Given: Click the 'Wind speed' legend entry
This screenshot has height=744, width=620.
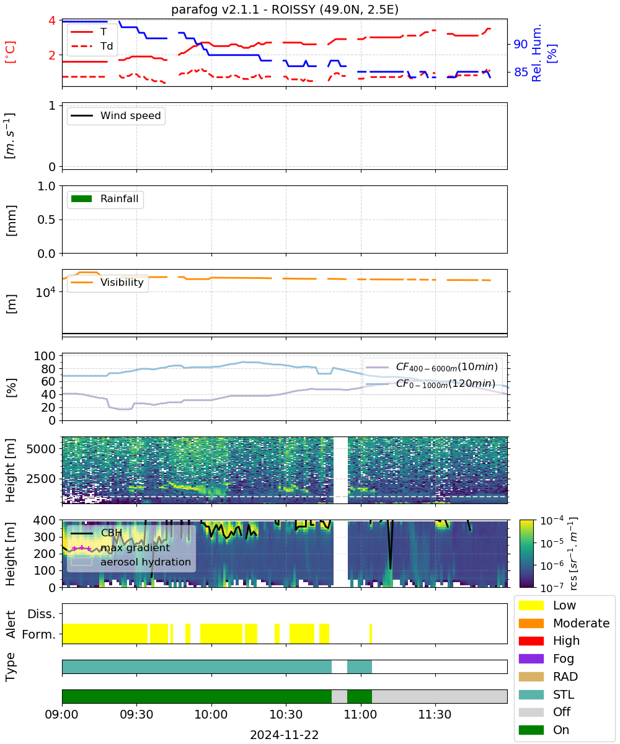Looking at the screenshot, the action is (116, 115).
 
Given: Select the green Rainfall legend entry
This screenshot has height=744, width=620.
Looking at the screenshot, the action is (105, 198).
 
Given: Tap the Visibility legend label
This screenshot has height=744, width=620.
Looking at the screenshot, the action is (122, 282).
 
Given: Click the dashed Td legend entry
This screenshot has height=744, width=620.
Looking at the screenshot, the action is (92, 46).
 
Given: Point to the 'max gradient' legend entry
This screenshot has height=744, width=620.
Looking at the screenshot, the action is (121, 547).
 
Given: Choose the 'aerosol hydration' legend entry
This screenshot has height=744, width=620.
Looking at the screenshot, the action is (131, 562).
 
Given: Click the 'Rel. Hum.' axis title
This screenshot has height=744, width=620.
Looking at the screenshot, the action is (537, 53).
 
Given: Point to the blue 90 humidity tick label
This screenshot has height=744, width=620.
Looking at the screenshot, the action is (521, 44).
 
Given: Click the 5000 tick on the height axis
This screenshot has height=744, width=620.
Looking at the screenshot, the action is (41, 449).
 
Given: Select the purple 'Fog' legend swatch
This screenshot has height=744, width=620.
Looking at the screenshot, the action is (531, 658).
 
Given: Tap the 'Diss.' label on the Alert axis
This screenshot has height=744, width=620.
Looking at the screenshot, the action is (42, 614).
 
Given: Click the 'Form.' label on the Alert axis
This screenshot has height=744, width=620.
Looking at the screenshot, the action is (39, 634).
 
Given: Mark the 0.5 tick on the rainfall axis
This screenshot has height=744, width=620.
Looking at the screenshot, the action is (46, 220).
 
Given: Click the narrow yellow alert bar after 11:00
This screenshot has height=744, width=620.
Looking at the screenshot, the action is (371, 634).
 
